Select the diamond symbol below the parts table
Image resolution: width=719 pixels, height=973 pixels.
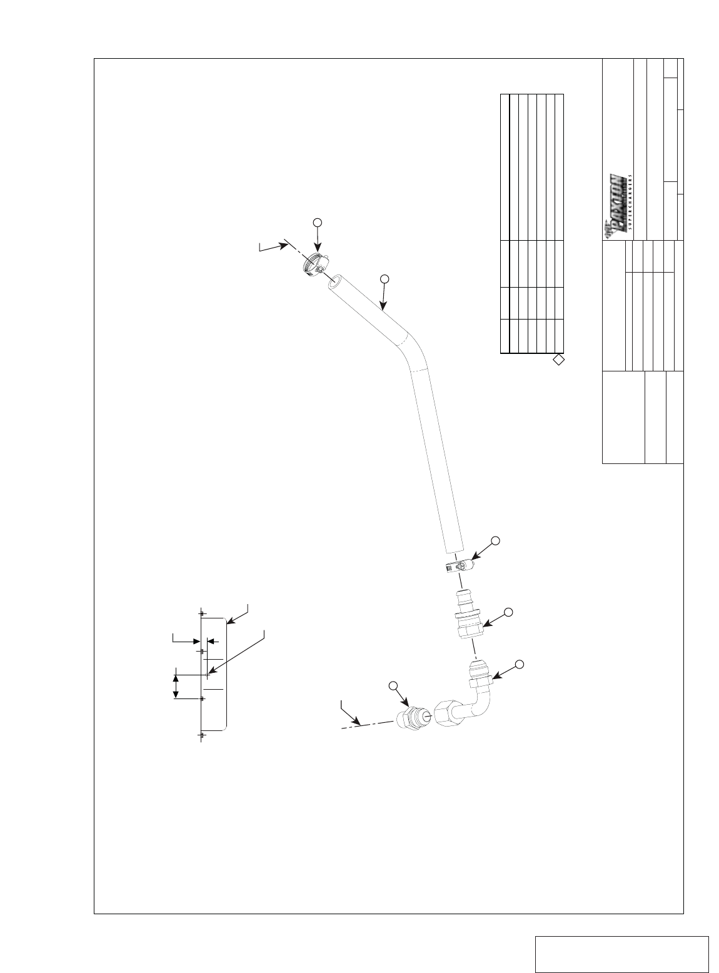(x=559, y=360)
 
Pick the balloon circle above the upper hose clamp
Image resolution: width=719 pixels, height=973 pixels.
(x=317, y=222)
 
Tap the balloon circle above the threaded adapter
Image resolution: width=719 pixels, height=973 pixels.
(x=393, y=686)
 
